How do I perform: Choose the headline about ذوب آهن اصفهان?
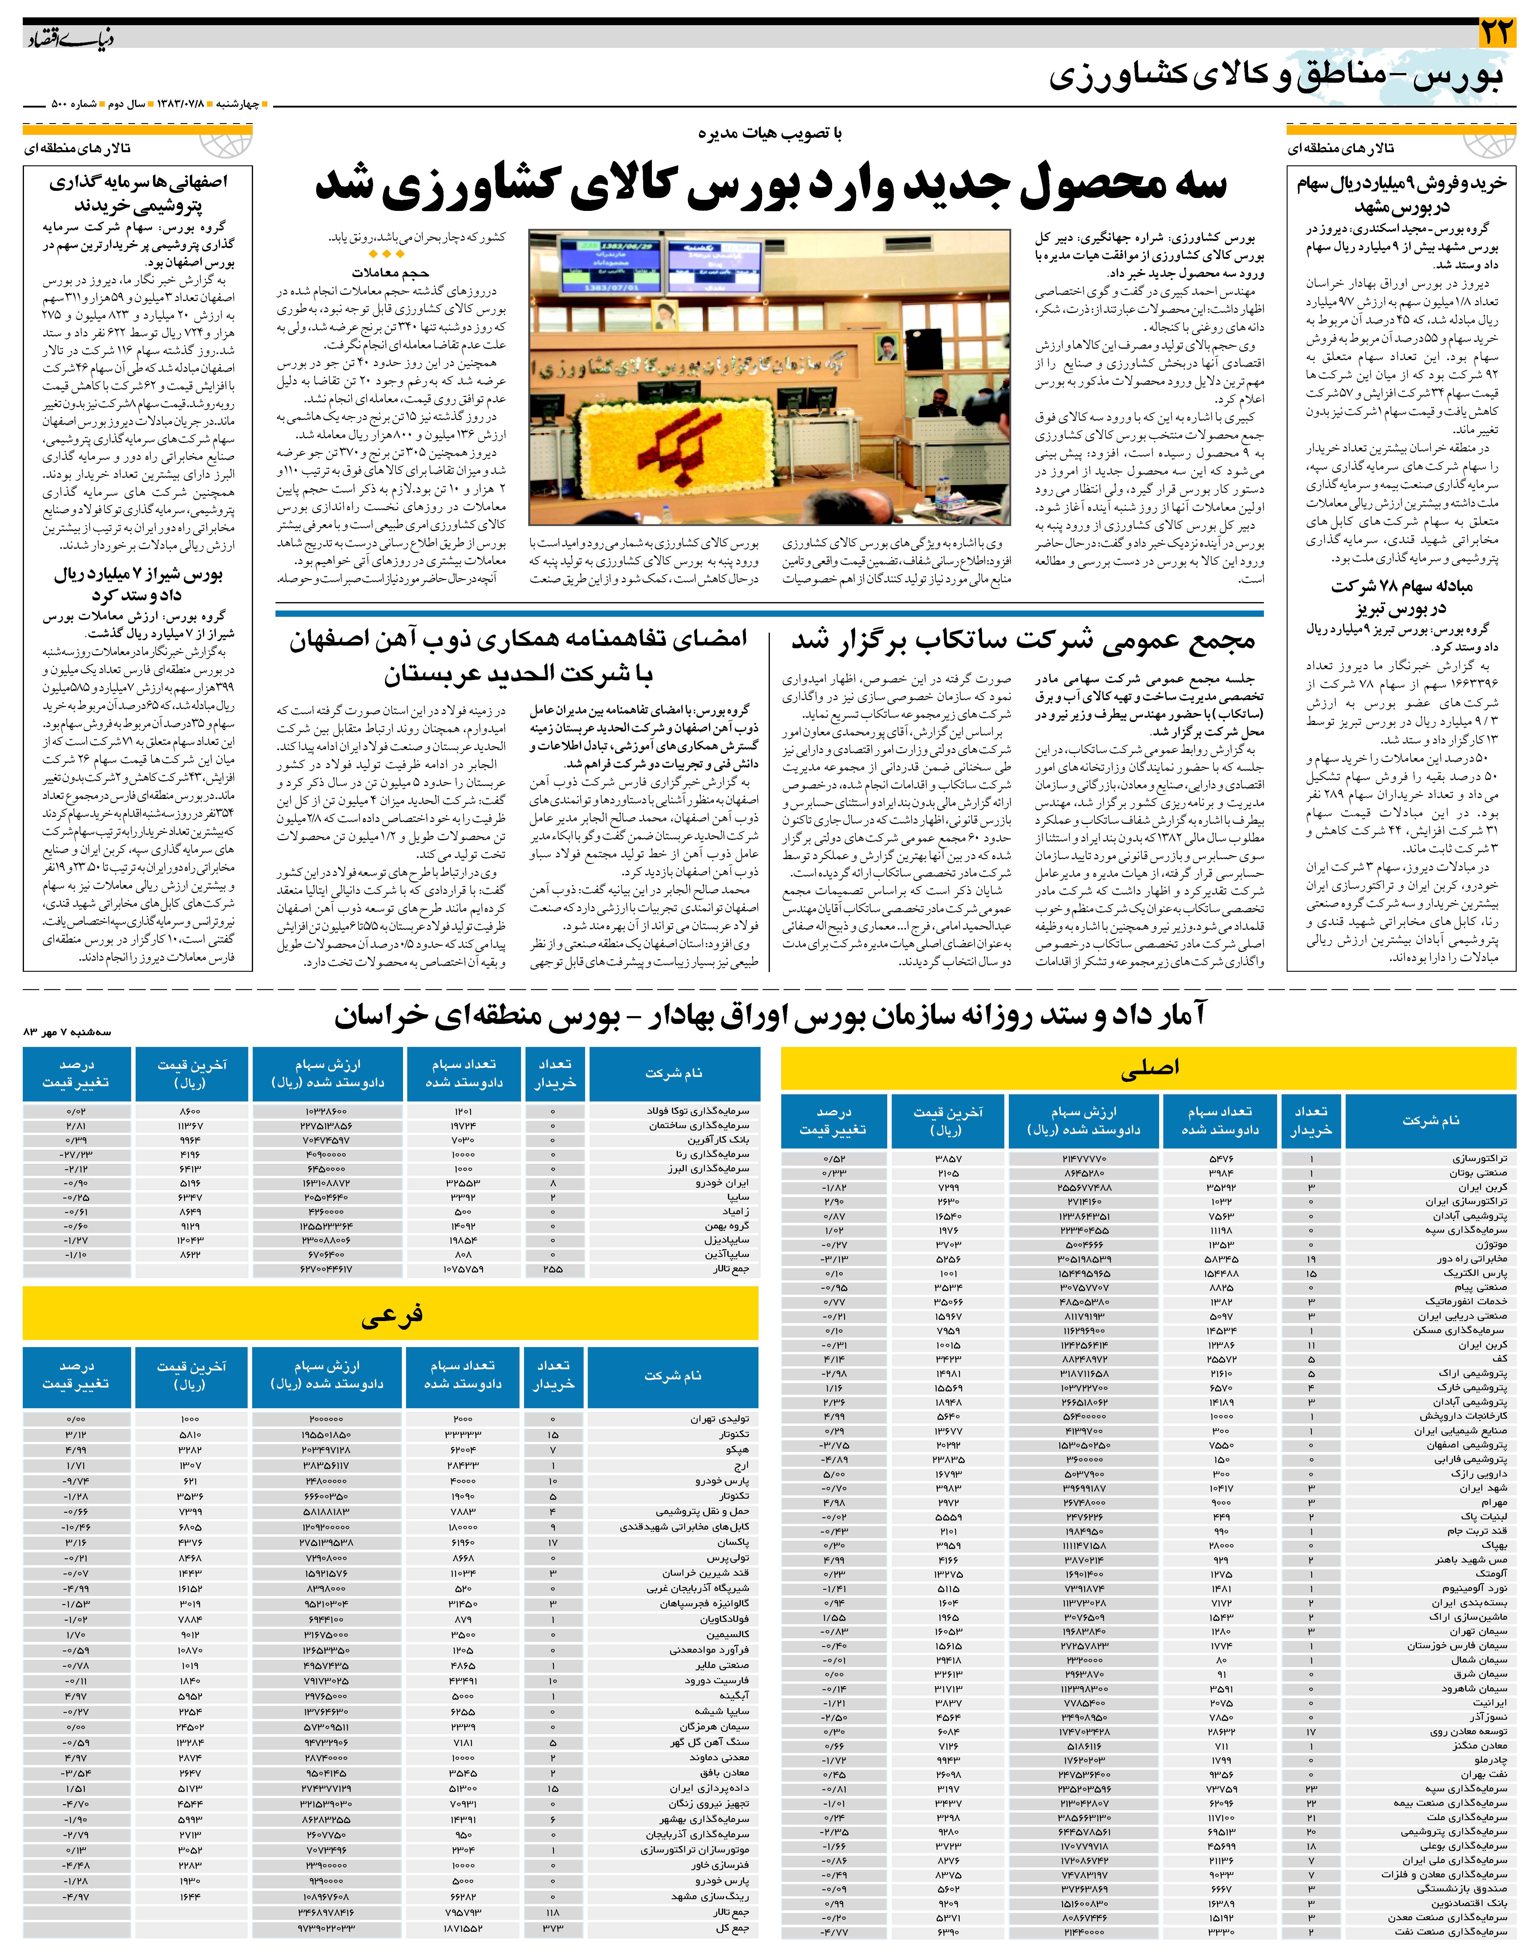(518, 657)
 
